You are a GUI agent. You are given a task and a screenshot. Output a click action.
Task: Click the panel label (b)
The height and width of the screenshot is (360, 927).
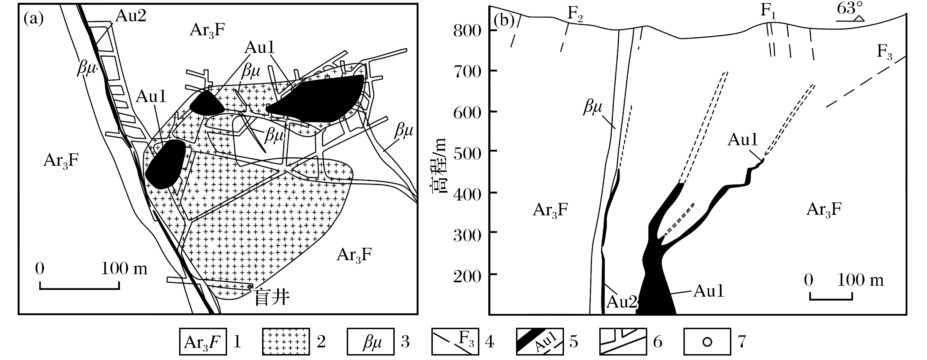(503, 20)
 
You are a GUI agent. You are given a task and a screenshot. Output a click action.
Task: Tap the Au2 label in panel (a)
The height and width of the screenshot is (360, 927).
(131, 16)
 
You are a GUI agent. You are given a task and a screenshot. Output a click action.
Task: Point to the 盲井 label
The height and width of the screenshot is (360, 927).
(272, 298)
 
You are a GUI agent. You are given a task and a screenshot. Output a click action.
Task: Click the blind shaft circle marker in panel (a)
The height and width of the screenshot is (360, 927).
(250, 286)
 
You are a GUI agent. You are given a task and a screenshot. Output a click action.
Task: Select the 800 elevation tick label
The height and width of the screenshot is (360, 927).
(467, 31)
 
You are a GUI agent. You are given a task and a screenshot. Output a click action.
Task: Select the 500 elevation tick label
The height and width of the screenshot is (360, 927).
(467, 154)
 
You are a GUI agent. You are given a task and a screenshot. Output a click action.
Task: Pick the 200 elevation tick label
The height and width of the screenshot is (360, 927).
(467, 277)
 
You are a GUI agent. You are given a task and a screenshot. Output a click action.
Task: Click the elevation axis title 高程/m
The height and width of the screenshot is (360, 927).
(438, 166)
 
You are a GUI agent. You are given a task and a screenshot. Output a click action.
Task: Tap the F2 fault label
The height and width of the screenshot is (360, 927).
(575, 14)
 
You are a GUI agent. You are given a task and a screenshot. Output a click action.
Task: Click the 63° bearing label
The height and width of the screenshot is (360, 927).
(849, 8)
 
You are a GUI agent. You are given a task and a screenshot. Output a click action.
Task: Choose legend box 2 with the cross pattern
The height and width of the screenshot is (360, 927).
(286, 341)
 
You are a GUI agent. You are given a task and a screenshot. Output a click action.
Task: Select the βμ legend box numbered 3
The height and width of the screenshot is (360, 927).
(371, 341)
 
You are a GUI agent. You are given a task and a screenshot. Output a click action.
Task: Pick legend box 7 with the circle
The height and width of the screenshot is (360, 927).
(707, 341)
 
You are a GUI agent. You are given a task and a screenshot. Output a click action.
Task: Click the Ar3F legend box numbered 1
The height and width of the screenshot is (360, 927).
(203, 341)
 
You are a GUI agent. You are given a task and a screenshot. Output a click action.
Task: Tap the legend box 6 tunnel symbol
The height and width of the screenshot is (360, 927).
(623, 341)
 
